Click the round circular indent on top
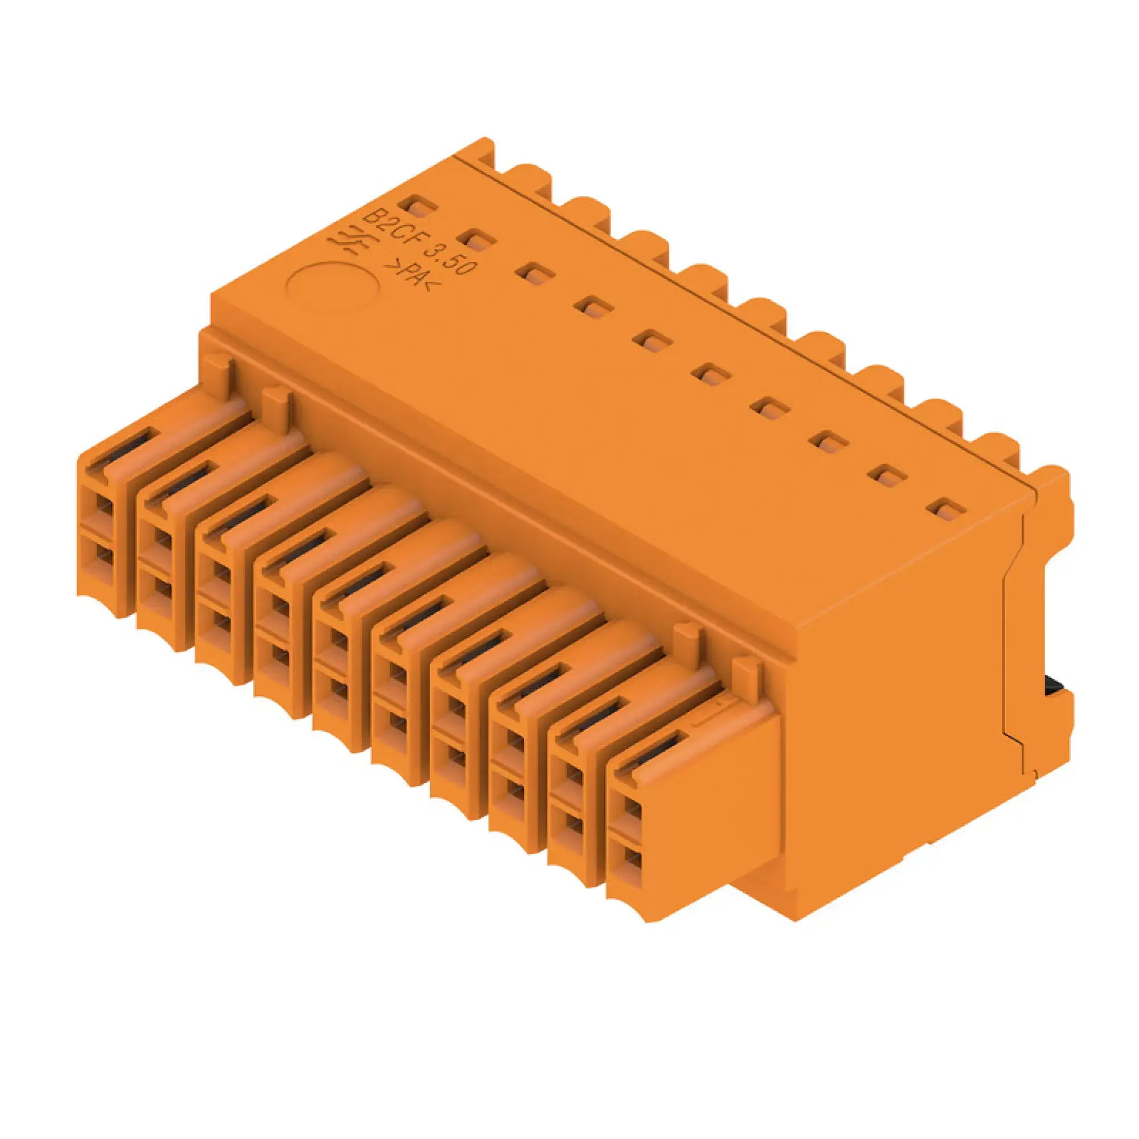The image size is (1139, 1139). (332, 287)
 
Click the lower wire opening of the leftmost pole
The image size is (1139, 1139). (103, 557)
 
